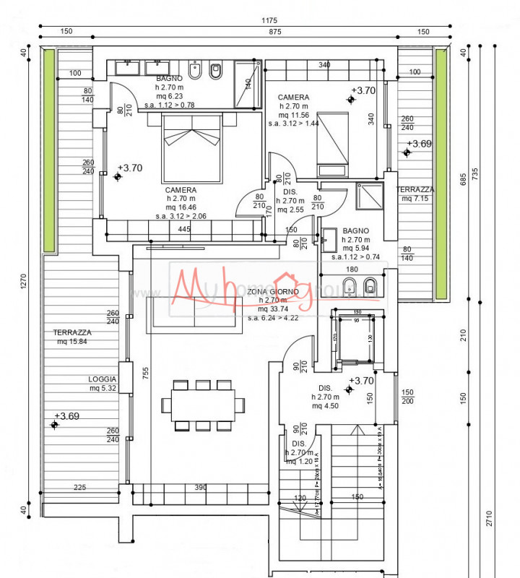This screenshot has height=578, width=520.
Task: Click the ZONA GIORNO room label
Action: [x=273, y=291]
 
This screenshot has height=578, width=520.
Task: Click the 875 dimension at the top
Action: [x=254, y=31]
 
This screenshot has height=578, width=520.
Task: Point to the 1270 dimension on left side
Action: [x=24, y=285]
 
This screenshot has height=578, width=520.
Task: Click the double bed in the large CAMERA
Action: [x=191, y=148]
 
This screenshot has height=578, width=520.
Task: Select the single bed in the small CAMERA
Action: [x=333, y=144]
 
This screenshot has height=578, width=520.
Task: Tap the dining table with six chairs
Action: [x=203, y=405]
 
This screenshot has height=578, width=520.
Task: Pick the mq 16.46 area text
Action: [x=181, y=207]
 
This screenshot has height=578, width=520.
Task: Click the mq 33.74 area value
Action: [x=273, y=309]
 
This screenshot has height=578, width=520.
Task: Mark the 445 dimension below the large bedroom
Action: [x=184, y=229]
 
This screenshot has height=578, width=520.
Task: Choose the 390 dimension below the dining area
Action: [x=201, y=488]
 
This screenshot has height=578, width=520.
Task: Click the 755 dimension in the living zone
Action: [x=146, y=373]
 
